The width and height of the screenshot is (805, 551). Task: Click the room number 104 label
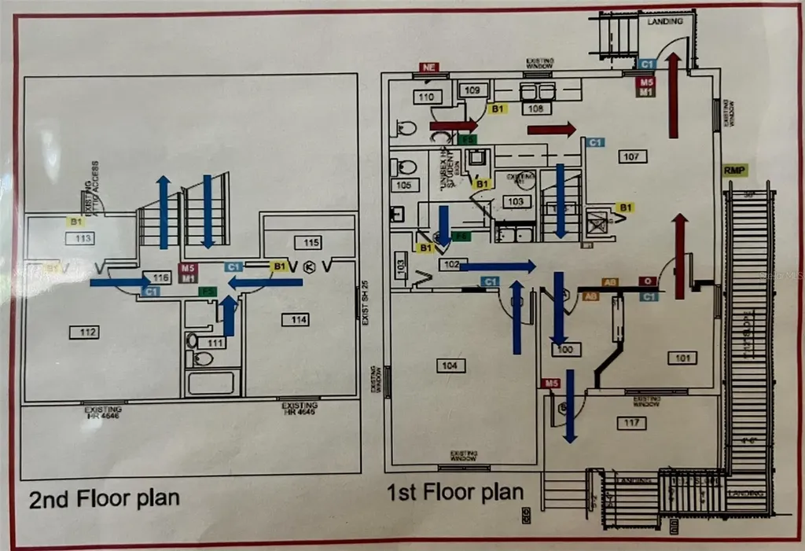coord(449,365)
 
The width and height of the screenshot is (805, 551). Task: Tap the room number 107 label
coord(631,156)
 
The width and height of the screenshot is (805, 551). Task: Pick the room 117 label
coord(630,424)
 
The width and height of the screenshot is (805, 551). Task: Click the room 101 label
coord(682,358)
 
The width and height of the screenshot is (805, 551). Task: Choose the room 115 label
coord(311,242)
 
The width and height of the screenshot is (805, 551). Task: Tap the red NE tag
coord(428,68)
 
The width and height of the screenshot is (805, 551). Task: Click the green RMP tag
coord(734,170)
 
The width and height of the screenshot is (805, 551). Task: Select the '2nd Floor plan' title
coord(104,498)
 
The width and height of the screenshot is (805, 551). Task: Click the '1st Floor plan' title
coord(454,493)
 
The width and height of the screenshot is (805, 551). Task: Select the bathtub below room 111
coord(210,383)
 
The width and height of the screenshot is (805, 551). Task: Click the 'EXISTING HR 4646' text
coord(103,411)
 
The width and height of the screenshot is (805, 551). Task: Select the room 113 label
coord(84,238)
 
